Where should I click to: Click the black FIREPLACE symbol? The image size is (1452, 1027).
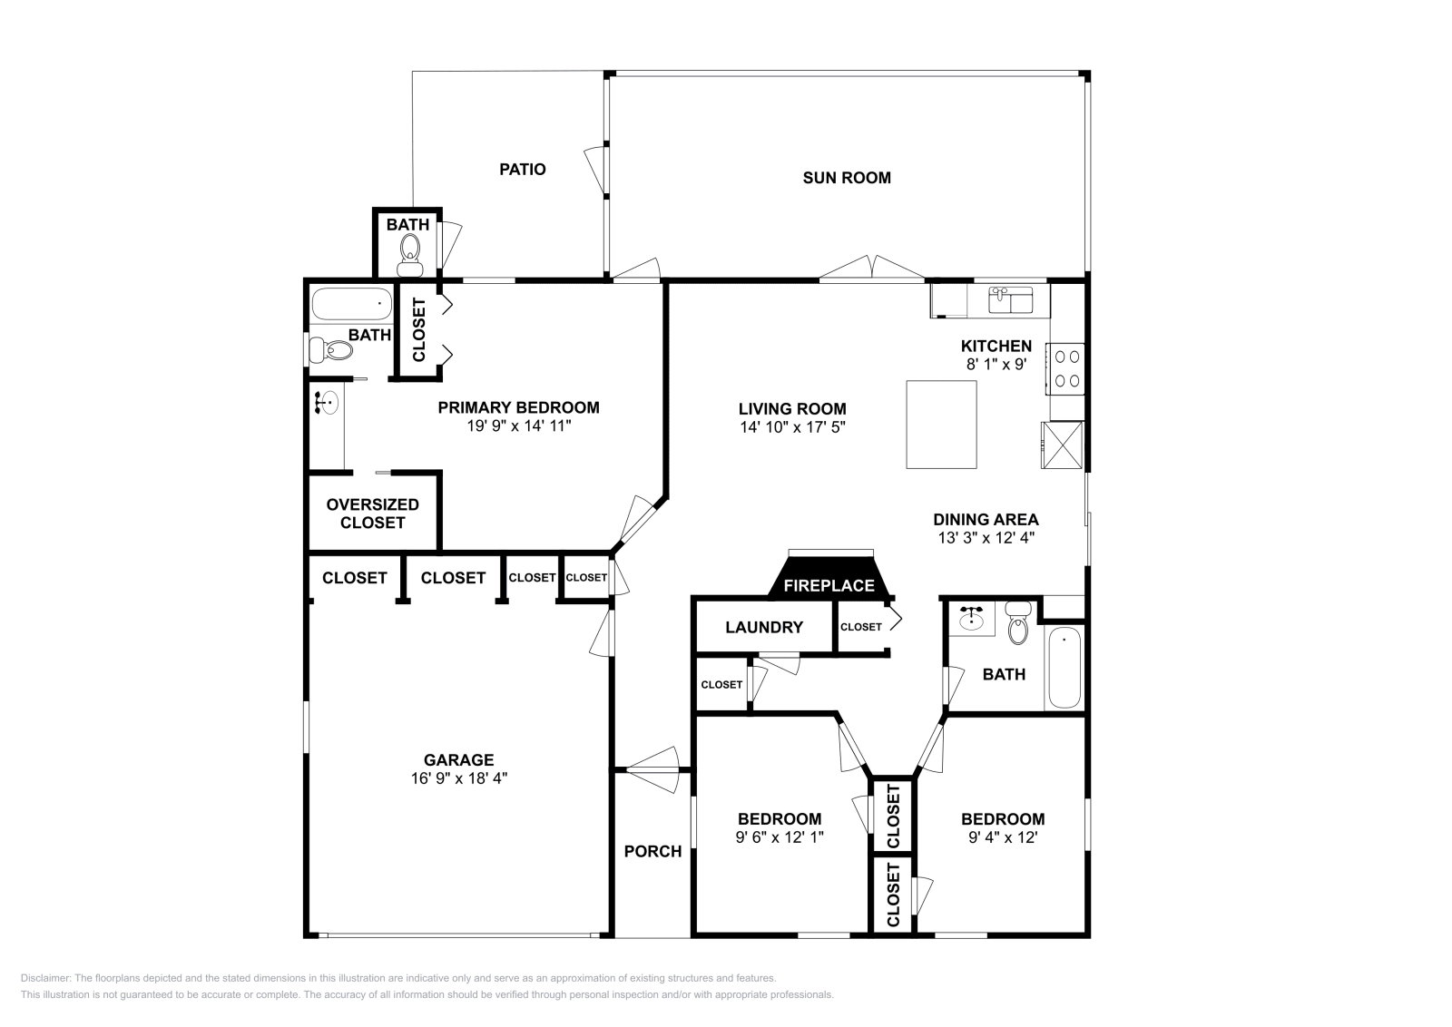pos(829,581)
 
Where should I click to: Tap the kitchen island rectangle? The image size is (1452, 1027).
pos(941,424)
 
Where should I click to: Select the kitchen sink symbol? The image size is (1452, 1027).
pos(1010,298)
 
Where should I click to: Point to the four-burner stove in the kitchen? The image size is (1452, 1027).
pos(1065,368)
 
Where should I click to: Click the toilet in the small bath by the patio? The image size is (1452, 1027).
pos(409,255)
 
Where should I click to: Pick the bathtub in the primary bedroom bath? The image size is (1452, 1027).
pos(350,303)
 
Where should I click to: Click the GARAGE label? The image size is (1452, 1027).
pos(458,760)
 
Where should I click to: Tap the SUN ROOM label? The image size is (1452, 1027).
pos(846,178)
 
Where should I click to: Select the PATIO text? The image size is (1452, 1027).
pos(522,170)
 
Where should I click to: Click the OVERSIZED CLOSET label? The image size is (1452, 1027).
pos(372,513)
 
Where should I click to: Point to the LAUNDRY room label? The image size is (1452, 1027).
pos(763,627)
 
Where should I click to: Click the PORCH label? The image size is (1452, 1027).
pos(652,851)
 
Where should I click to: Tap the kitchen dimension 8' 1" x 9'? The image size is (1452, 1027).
pos(996,364)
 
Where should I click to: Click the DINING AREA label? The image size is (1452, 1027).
pos(986,520)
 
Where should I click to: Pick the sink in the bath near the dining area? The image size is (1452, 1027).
pos(971,619)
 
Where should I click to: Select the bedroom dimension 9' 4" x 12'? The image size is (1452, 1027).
pos(1002,837)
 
